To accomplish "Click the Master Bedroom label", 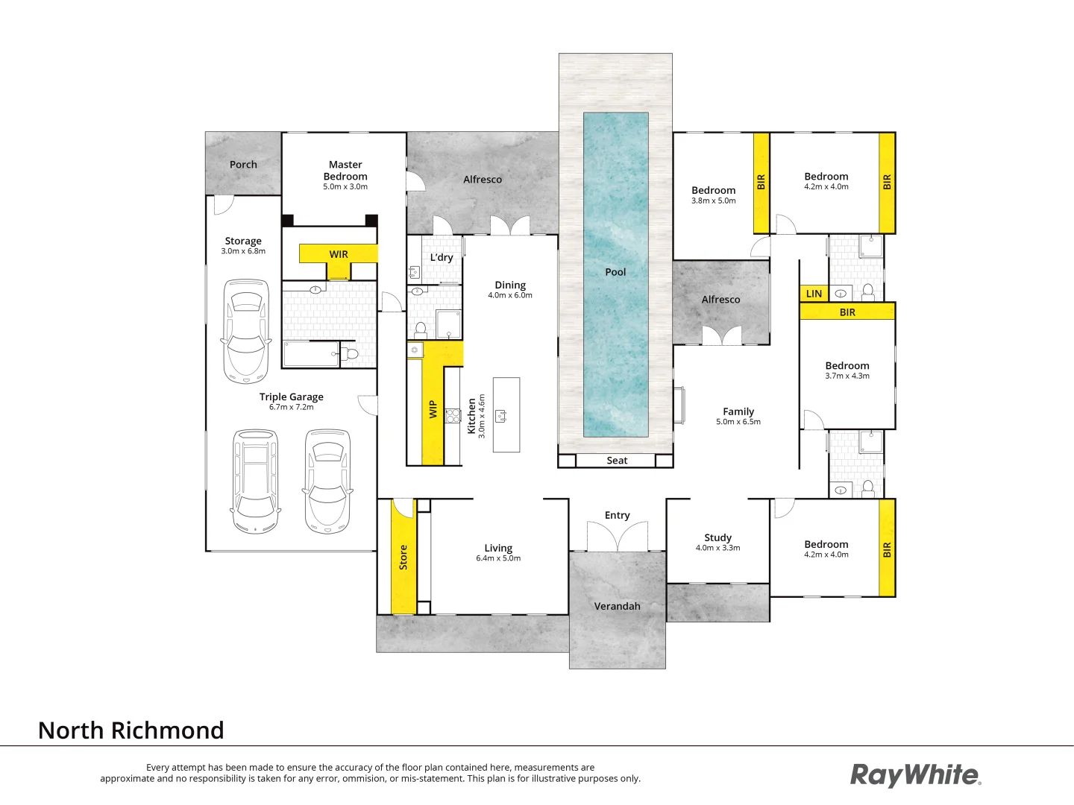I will (x=345, y=170).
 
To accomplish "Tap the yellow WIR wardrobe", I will (x=339, y=254).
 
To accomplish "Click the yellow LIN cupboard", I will (x=814, y=294).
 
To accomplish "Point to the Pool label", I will (x=615, y=272).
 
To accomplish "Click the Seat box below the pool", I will (x=616, y=461).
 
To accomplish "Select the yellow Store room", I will (x=403, y=557).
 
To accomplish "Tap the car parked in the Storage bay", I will (x=246, y=330).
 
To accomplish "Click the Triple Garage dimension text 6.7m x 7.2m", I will (x=292, y=407).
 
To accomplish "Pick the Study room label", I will (x=717, y=537).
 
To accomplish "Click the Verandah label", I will (x=617, y=606).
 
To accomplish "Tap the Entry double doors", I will (x=617, y=537).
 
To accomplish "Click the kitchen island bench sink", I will (x=501, y=415).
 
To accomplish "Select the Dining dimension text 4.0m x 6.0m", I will (x=510, y=295).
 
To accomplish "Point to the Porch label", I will (x=243, y=164).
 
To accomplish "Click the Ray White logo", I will (x=915, y=775).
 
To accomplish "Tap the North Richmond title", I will (x=131, y=730).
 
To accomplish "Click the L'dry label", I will (x=442, y=257).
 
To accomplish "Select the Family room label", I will (x=738, y=411).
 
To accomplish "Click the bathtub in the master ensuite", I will (x=311, y=354).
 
